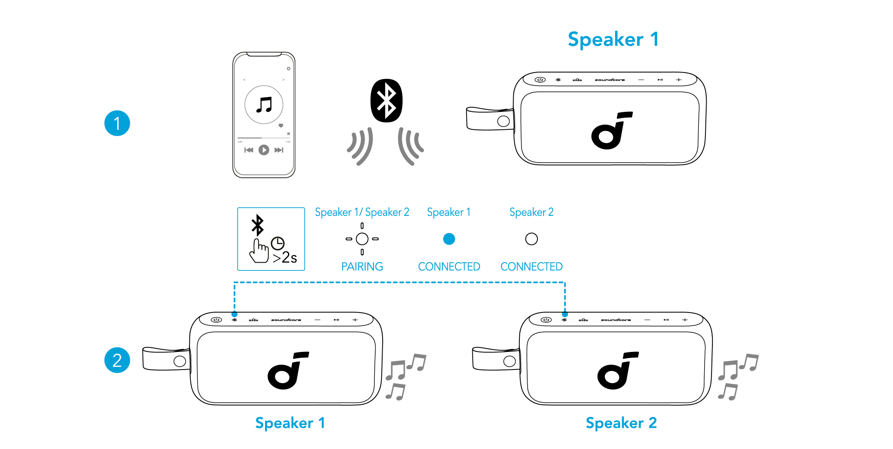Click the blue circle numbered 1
point(117,123)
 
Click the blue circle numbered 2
point(117,360)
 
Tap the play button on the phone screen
point(264,150)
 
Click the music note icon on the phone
point(264,105)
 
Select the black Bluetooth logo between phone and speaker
point(386,100)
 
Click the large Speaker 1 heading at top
point(613,39)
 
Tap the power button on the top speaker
point(540,80)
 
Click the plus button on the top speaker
point(679,80)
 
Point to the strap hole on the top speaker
point(503,121)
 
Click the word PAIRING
point(362,267)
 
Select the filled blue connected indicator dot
point(449,239)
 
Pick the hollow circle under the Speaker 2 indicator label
point(531,239)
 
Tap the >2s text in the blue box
point(285,257)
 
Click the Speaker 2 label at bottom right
point(621,423)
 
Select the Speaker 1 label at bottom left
point(290,423)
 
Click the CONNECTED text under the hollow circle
point(531,267)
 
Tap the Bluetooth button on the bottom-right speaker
point(564,320)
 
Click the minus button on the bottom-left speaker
point(317,320)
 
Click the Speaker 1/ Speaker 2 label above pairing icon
point(362,212)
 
